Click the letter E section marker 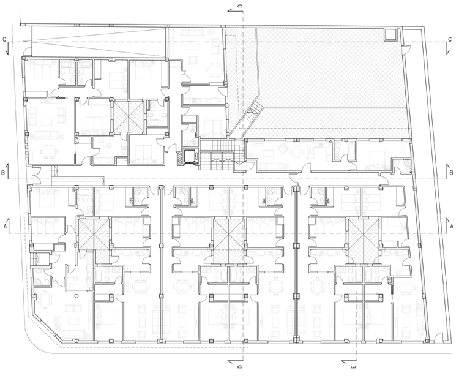coord(353,366)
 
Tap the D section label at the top coord(240,6)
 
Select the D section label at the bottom coord(240,366)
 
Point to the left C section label coord(4,39)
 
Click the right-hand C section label coord(450,39)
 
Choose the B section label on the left coord(3,173)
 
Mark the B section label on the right coord(451,173)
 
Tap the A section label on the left coord(4,227)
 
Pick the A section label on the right coord(452,227)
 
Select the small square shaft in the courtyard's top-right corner coord(390,34)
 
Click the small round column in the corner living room coord(76,296)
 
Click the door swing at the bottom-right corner coord(438,338)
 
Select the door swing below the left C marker coord(27,51)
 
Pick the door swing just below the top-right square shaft coord(406,49)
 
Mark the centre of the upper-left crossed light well coord(128,116)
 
